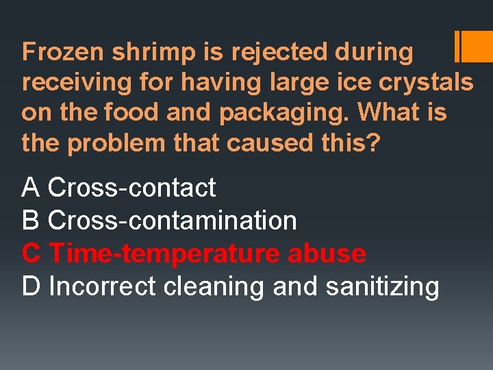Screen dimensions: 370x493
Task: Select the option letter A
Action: coord(30,187)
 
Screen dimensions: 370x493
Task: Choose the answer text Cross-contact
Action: coord(132,187)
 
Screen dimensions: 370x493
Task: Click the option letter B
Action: coord(30,221)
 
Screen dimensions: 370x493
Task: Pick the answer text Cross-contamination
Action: coord(173,221)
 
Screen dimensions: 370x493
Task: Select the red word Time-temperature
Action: coord(164,254)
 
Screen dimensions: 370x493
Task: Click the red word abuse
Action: coord(327,254)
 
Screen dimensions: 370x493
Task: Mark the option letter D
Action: coord(31,286)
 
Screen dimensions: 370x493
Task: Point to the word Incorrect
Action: coord(103,286)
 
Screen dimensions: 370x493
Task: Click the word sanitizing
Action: coord(382,287)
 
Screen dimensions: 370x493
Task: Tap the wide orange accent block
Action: coord(477,47)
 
